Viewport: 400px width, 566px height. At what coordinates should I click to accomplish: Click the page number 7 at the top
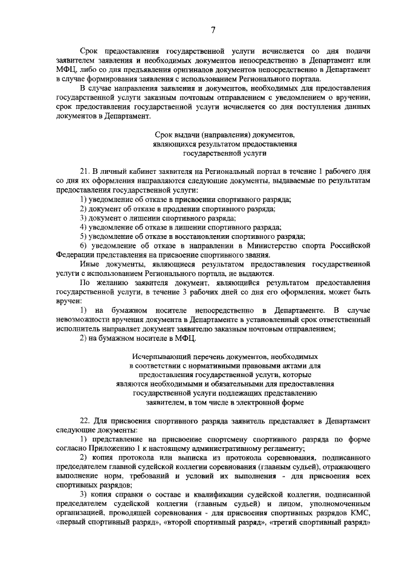click(x=212, y=29)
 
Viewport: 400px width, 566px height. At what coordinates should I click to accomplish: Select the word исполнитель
click(x=76, y=329)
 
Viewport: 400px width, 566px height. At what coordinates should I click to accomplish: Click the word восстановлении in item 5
click(x=186, y=236)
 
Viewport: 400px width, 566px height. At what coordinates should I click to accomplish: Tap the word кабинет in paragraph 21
click(x=151, y=171)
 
